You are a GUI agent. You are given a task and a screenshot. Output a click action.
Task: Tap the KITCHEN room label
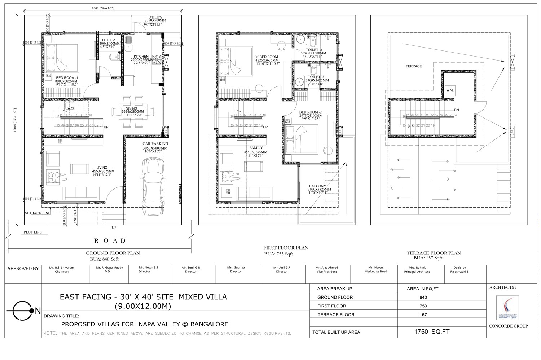(141, 57)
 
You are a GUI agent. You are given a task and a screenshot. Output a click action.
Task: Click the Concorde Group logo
(507, 308)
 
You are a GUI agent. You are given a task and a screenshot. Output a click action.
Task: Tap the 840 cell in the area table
(423, 297)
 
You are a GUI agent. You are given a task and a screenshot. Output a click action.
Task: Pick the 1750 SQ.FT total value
(432, 332)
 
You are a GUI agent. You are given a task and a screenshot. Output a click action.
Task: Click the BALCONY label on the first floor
(317, 186)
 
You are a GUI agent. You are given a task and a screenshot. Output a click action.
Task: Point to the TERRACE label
(413, 66)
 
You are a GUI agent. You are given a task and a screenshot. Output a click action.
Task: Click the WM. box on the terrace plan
(450, 90)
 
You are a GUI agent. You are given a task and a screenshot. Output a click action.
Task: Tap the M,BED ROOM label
(267, 57)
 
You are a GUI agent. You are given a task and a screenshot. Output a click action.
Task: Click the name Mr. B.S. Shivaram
(62, 268)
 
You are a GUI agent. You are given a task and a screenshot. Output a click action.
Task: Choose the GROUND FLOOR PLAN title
(113, 253)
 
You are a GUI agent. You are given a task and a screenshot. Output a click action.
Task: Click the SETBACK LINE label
(38, 213)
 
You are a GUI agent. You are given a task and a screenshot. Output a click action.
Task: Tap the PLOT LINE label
(33, 232)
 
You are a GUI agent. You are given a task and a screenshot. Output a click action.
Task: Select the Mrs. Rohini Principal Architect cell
(417, 270)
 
